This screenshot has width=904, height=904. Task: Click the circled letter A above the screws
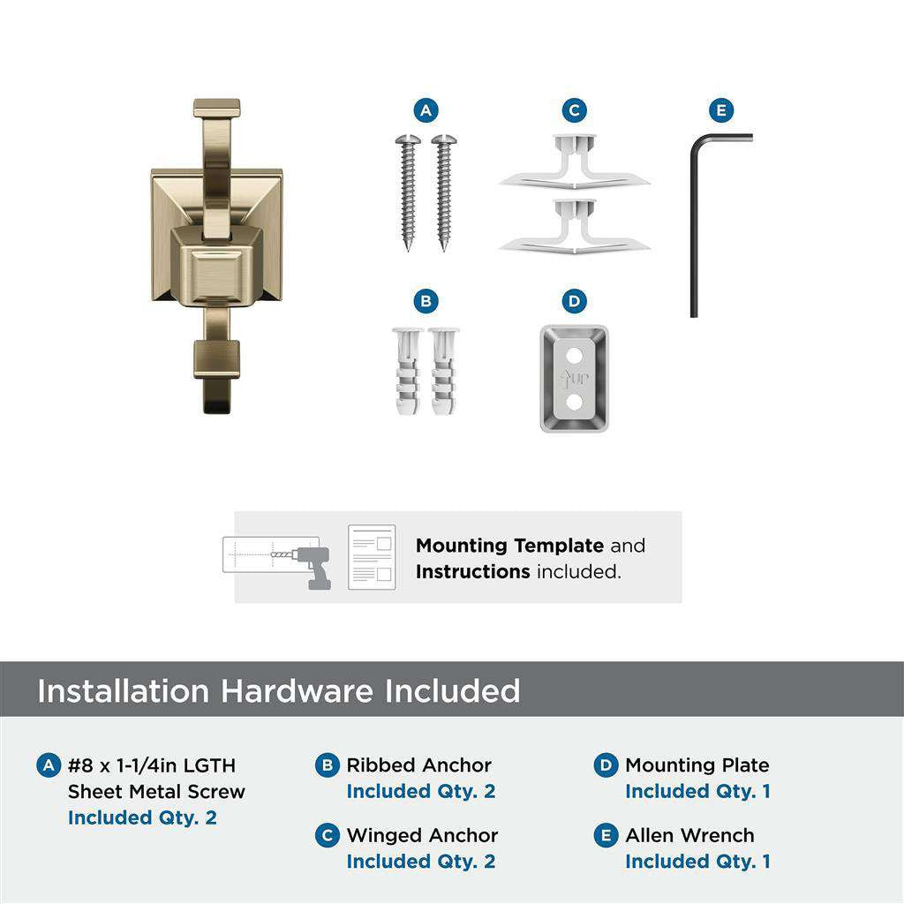[x=426, y=110]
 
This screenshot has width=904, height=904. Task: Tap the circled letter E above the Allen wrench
[x=721, y=110]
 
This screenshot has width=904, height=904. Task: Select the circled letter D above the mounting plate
[x=574, y=302]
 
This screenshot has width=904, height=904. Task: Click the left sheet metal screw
[x=409, y=190]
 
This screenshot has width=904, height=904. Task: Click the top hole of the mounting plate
[x=574, y=356]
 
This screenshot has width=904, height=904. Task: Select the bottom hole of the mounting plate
[x=574, y=403]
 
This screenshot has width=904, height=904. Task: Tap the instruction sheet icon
[x=372, y=557]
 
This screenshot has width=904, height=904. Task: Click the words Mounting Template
[x=509, y=546]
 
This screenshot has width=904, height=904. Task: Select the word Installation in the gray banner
[x=124, y=690]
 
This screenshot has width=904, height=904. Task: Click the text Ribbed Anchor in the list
[x=418, y=765]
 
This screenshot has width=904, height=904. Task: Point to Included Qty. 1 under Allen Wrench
[x=697, y=861]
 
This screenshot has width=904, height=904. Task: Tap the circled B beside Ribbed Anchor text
[x=328, y=765]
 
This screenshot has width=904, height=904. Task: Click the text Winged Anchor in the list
[x=422, y=835]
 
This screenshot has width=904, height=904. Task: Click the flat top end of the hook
[x=217, y=108]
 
